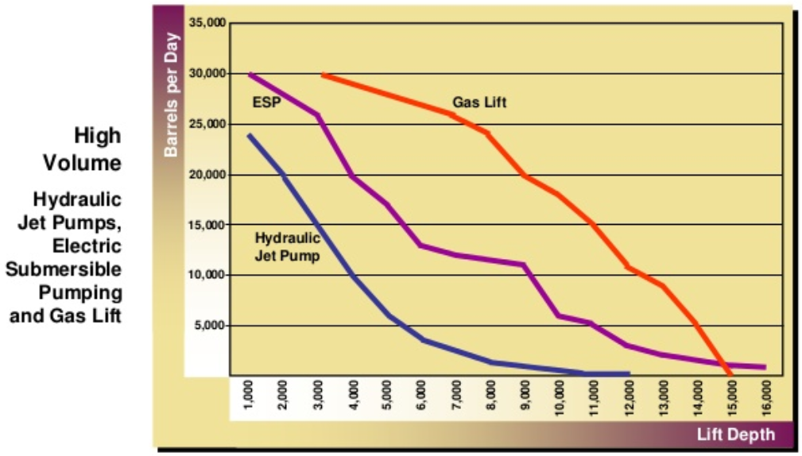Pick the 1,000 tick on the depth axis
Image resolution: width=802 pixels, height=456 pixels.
pos(249,394)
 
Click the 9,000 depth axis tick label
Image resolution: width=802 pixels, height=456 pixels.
pos(525,394)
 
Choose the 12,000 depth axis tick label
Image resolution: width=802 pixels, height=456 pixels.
pos(628,394)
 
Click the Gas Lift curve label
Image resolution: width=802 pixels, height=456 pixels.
pos(479,102)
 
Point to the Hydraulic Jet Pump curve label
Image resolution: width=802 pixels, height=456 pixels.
pos(287,246)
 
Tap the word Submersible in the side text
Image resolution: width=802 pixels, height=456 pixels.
pos(64,268)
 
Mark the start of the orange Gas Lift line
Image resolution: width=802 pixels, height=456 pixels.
pos(323,75)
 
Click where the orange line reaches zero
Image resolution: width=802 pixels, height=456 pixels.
pos(730,374)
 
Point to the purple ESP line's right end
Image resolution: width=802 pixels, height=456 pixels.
pos(765,367)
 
